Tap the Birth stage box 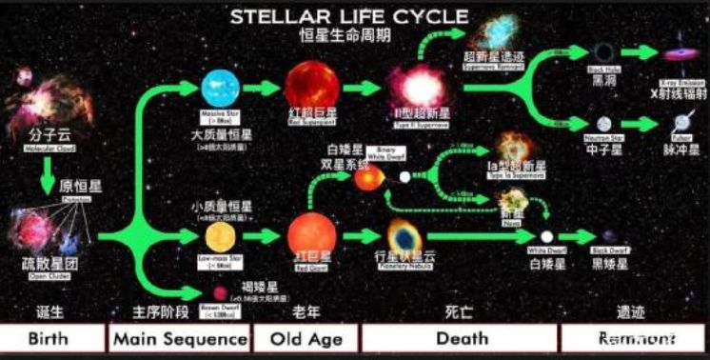52,339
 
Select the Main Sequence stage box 179,339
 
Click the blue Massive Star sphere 223,89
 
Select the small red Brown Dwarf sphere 220,293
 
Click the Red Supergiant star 305,84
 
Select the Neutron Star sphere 603,124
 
